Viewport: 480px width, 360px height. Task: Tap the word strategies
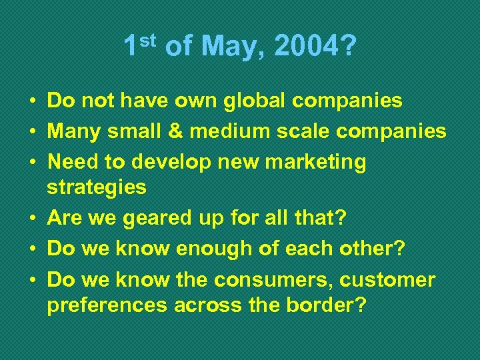tap(96, 187)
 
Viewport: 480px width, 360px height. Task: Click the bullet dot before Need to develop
tap(32, 162)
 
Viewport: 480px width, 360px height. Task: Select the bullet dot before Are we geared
tap(32, 218)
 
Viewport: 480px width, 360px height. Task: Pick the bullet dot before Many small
tap(32, 131)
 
